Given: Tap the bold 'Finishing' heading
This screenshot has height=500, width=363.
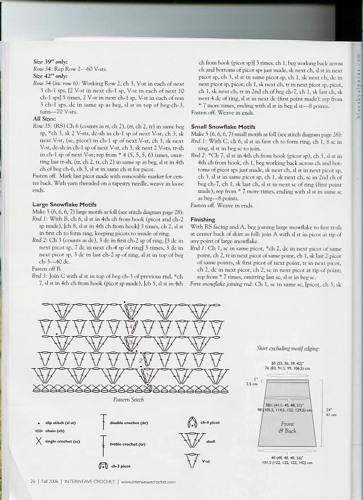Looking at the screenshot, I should [203, 219].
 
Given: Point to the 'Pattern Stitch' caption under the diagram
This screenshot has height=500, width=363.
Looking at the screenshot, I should [128, 400].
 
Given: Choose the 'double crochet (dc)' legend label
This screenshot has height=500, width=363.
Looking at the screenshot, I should [129, 422].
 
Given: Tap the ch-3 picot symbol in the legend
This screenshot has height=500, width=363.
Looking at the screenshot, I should [103, 466].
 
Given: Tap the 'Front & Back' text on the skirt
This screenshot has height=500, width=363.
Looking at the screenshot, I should [287, 427].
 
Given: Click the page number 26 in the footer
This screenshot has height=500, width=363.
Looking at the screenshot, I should [33, 481].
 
